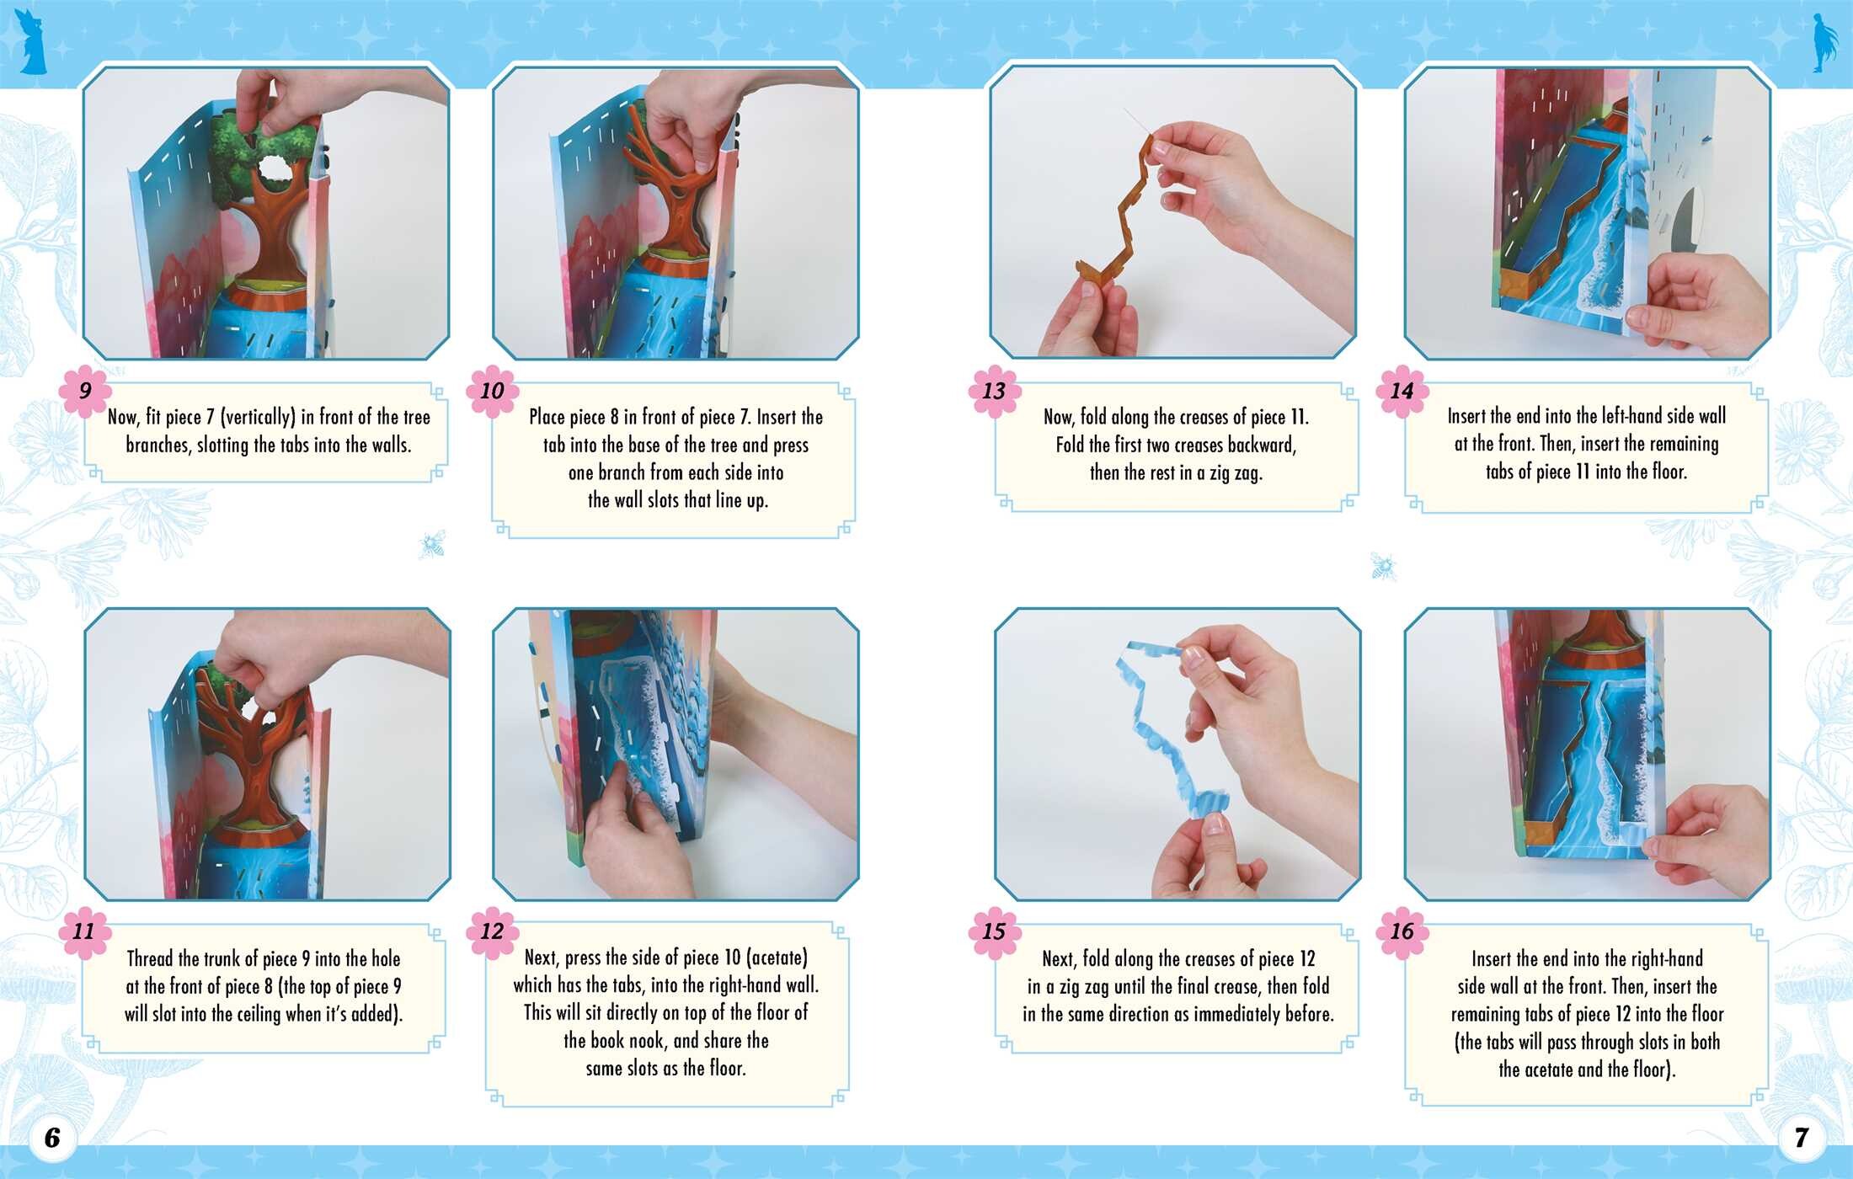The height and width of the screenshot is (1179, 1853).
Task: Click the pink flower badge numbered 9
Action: (84, 391)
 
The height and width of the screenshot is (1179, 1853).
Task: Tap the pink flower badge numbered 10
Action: (492, 391)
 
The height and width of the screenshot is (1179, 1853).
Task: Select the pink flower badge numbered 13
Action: (994, 391)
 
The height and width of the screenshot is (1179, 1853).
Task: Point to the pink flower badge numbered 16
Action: (1402, 931)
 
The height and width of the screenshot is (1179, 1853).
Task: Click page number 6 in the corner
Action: (52, 1138)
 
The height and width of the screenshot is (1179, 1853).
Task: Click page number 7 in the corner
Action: (1801, 1138)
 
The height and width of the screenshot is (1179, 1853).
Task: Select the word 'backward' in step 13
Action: (1262, 445)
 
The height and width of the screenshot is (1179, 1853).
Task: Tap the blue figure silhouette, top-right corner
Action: (1825, 42)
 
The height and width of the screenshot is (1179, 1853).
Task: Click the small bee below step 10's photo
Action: (432, 545)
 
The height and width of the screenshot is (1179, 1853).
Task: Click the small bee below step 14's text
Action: (1383, 567)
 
